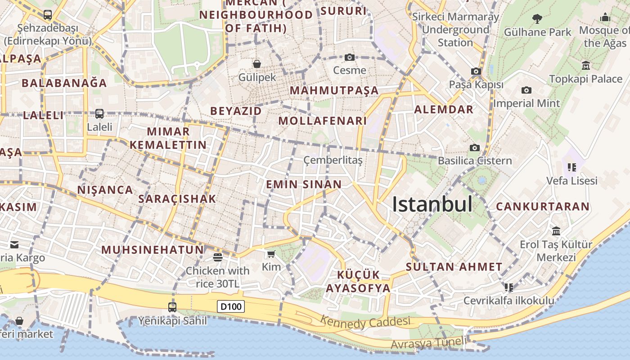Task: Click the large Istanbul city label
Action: tap(432, 204)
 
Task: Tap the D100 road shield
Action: tap(231, 307)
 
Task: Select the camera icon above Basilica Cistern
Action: tap(474, 148)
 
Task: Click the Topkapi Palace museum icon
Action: tap(585, 66)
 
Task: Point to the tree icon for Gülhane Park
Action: tap(537, 19)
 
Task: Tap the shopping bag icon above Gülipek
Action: tap(257, 64)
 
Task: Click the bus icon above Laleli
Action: tap(99, 114)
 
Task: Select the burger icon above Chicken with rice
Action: tap(218, 257)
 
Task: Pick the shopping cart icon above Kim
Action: tap(271, 254)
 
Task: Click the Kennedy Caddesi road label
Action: tap(365, 322)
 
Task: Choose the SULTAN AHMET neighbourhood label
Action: tap(454, 267)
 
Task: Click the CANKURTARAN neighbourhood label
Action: tap(542, 207)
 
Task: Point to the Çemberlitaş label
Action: tap(333, 160)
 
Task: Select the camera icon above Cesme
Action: tap(350, 57)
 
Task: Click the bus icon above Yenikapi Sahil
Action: tap(172, 307)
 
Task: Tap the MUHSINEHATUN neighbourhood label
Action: tap(153, 250)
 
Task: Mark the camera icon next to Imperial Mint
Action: tap(526, 90)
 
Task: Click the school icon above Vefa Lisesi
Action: tap(572, 167)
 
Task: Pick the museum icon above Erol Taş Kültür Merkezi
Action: tap(556, 231)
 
